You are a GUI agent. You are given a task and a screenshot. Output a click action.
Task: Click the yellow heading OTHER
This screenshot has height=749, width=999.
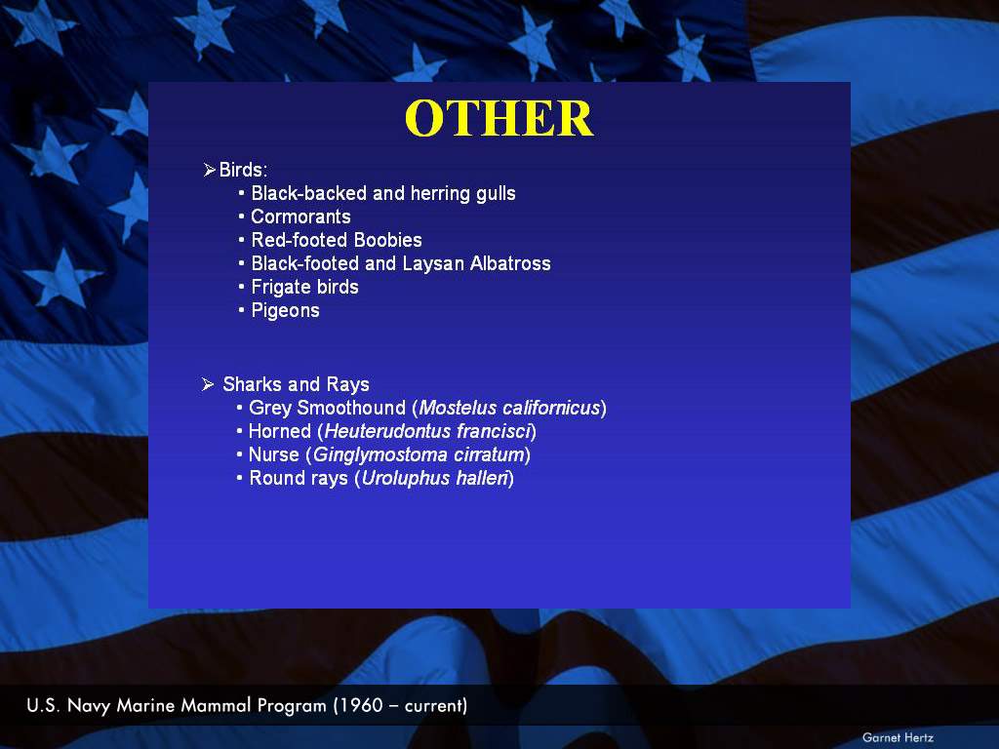point(499,118)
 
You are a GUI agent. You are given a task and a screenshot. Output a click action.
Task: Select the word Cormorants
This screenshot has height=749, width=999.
point(300,217)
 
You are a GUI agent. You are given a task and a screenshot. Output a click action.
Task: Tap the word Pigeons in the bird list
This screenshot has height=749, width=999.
point(286,311)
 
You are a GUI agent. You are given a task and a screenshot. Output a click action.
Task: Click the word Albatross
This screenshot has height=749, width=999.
point(510,263)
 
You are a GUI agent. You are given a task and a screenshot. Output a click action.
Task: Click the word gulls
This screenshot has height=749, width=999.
point(496,194)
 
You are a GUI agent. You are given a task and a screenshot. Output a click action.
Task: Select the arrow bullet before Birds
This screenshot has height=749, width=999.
point(209,170)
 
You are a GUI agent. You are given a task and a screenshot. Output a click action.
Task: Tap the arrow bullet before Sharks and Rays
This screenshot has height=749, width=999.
point(208,384)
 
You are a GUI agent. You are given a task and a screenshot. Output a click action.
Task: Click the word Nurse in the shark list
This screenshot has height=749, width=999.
point(274,455)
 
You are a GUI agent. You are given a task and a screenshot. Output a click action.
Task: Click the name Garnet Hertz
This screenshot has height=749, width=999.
point(898,737)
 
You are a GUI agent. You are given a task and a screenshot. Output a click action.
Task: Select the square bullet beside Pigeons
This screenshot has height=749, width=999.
point(241,310)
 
